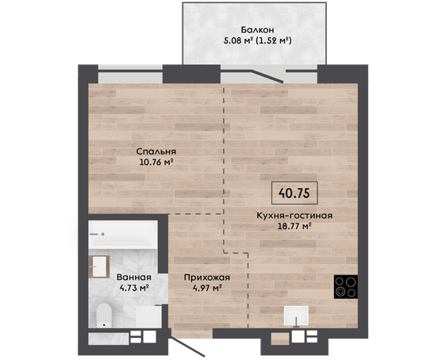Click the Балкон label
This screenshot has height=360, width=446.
point(257,30)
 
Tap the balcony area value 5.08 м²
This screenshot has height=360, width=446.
point(238,40)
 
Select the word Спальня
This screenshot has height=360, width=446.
point(156,151)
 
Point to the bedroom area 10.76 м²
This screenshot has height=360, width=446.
point(156,162)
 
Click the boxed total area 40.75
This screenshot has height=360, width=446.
point(294,193)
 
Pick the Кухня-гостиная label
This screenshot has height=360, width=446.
point(294,216)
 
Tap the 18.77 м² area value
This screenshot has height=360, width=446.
point(294,227)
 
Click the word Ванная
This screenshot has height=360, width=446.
point(134,277)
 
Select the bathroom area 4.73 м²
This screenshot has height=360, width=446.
point(134,288)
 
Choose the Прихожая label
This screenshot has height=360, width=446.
point(207,278)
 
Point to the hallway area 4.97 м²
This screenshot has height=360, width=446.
point(207,288)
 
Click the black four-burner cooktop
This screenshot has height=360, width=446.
point(346,287)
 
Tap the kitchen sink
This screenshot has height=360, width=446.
point(296,316)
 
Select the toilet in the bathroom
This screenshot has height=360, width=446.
point(103,316)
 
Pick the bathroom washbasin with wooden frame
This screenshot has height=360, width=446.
point(99,266)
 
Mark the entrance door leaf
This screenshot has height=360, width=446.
point(186,347)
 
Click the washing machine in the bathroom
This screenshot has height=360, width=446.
point(148,317)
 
